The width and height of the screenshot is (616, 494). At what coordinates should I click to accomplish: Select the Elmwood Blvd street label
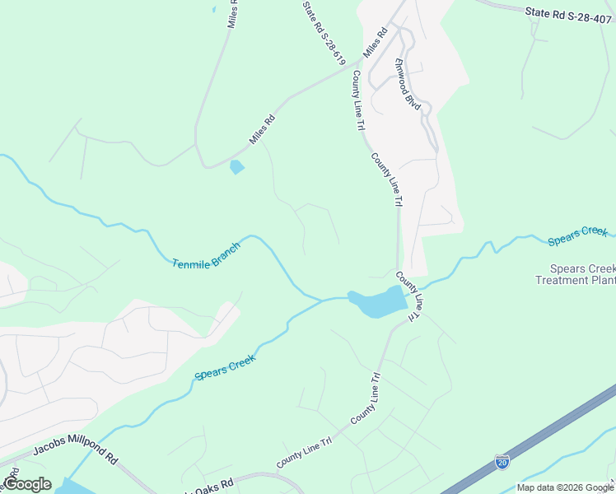click(408, 85)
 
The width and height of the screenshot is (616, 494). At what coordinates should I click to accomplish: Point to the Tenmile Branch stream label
click(207, 255)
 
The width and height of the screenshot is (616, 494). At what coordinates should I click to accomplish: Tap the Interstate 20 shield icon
click(502, 461)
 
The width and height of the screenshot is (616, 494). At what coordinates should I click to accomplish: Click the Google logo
click(27, 484)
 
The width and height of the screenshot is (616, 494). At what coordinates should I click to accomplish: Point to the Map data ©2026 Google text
click(564, 487)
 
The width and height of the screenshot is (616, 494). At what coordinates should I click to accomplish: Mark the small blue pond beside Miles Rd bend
click(237, 167)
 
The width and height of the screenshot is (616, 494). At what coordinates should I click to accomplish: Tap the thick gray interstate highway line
click(544, 436)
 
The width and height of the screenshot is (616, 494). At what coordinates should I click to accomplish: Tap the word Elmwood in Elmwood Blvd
click(404, 77)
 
